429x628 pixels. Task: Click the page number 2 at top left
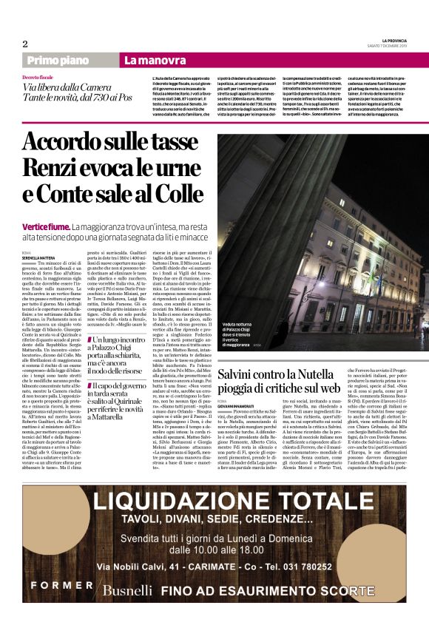[x=25, y=44]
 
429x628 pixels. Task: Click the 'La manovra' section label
[x=155, y=61]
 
